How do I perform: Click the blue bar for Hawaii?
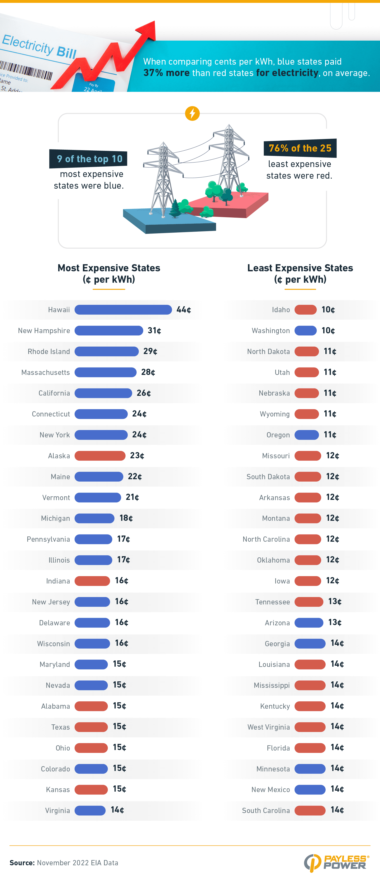123,310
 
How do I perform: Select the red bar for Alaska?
100,455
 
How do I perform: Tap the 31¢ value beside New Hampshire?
154,330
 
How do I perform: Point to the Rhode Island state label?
49,352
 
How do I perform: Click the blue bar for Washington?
306,330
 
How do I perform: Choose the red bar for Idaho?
306,310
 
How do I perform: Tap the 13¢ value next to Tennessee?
335,601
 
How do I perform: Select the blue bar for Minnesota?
310,769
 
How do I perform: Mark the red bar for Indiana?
92,581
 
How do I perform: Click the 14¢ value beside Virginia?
117,810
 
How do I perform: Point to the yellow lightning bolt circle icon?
192,113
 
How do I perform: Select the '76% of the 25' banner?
300,148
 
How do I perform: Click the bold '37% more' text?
166,73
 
